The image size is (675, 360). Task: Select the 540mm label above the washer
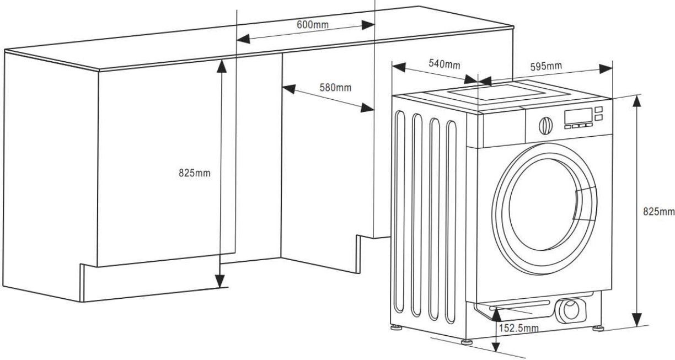coord(444,64)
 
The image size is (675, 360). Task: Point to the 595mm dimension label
coord(546,67)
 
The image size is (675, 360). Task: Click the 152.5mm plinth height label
coord(519,329)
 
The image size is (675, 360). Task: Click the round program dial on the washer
coord(545,125)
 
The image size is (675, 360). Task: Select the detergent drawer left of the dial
coord(502,130)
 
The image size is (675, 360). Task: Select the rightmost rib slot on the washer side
coord(452,221)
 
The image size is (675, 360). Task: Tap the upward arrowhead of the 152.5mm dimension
coord(496,313)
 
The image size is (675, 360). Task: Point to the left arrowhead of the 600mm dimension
coord(243,40)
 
